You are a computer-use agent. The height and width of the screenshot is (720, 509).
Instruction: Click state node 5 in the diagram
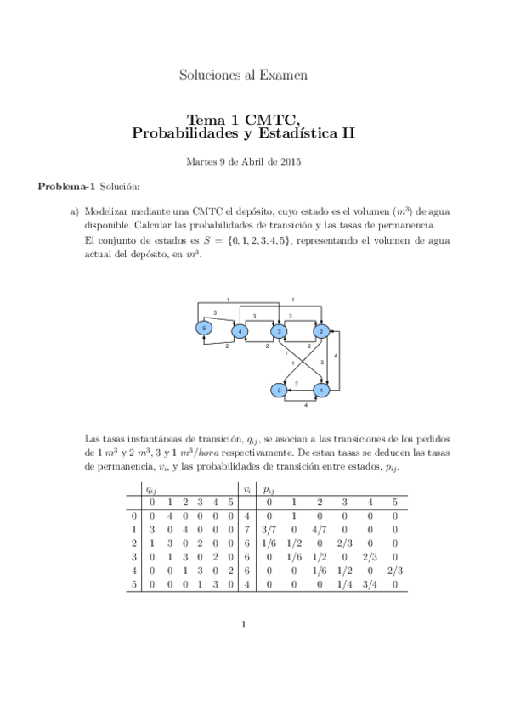coord(203,328)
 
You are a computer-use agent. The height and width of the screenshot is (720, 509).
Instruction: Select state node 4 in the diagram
coord(240,330)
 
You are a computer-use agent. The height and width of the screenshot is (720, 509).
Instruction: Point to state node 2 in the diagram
coord(321,330)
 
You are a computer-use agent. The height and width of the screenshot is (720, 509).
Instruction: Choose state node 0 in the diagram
coord(278,390)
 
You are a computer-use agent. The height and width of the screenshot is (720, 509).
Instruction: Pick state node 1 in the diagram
coord(321,390)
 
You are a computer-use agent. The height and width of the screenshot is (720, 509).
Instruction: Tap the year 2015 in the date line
coord(290,161)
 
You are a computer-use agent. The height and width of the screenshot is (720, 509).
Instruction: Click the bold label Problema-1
coord(66,185)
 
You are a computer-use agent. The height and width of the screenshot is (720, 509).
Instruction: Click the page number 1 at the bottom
coord(243,626)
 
